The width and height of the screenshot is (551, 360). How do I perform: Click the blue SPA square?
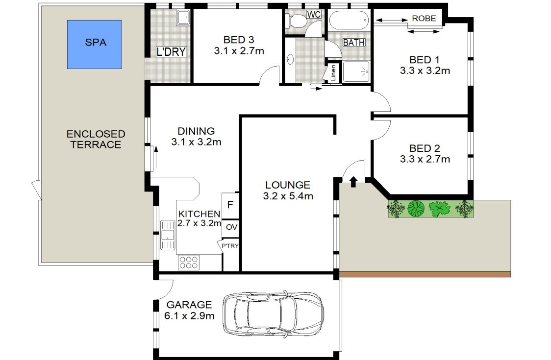(x=95, y=44)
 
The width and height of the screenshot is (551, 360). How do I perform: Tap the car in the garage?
(x=274, y=313)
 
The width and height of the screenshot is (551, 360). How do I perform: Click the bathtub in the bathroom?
(x=350, y=20)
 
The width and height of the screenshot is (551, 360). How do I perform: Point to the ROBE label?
(x=424, y=18)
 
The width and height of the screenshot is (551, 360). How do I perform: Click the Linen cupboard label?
(x=333, y=72)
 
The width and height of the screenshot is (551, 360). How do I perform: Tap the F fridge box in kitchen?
(x=230, y=205)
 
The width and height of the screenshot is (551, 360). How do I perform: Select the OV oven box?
(x=231, y=227)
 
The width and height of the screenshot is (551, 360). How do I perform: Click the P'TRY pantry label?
(x=230, y=246)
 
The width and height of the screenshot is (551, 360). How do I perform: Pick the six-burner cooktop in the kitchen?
(x=189, y=263)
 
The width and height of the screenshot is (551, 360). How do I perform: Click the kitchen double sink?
(x=168, y=235)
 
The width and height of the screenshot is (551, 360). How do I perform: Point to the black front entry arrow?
(x=353, y=182)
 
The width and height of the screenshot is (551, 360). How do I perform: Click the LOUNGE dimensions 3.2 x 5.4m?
(x=288, y=196)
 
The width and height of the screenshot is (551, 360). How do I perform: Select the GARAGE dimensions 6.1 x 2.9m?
(x=189, y=316)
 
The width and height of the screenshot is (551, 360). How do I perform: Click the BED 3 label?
(x=239, y=40)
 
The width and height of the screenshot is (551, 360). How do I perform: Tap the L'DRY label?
(x=171, y=51)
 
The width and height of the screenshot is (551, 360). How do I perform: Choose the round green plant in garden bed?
(x=416, y=209)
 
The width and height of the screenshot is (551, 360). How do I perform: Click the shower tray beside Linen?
(x=356, y=72)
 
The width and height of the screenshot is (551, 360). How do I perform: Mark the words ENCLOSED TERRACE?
(x=96, y=139)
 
